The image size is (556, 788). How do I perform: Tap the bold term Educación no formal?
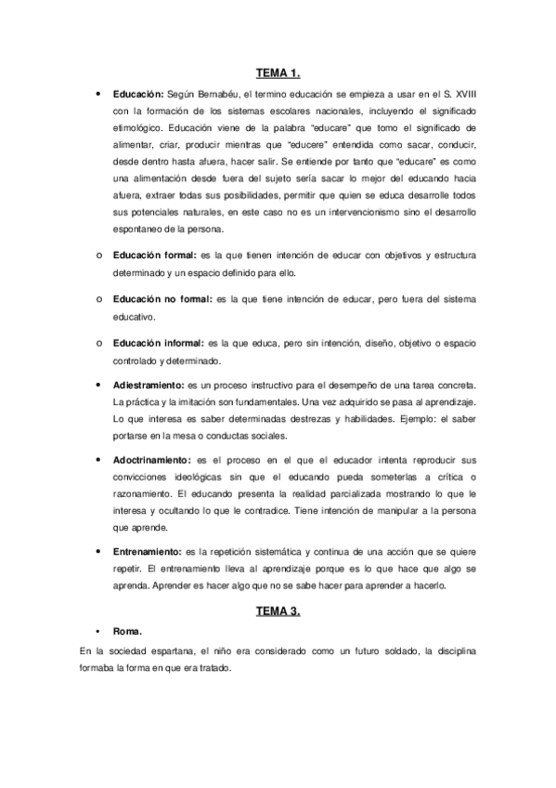[x=162, y=299]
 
